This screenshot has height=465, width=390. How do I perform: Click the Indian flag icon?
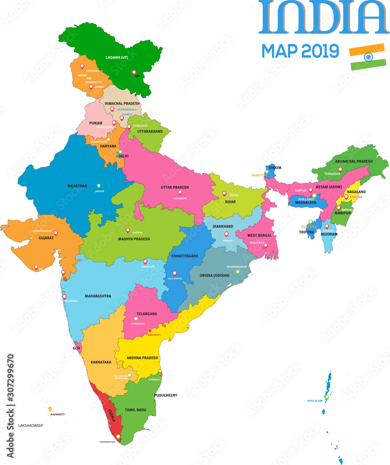pyautogui.click(x=368, y=57)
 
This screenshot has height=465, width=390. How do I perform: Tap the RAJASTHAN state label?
pyautogui.click(x=77, y=186)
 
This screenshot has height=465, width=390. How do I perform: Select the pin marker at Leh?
pyautogui.click(x=134, y=73)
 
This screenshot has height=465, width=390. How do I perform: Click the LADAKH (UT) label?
pyautogui.click(x=117, y=57)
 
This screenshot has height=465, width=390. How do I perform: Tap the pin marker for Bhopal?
pyautogui.click(x=128, y=230)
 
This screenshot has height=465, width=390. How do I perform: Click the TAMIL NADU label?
pyautogui.click(x=135, y=410)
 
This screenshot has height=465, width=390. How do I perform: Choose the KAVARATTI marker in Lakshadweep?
pyautogui.click(x=50, y=409)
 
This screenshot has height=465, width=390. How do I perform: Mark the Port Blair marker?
pyautogui.click(x=327, y=398)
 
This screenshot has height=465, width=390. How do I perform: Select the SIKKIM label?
pyautogui.click(x=275, y=167)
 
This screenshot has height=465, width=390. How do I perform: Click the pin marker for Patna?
pyautogui.click(x=224, y=193)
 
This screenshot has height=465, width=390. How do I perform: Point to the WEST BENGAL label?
pyautogui.click(x=259, y=235)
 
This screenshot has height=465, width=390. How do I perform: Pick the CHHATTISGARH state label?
pyautogui.click(x=185, y=256)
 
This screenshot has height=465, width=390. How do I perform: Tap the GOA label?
pyautogui.click(x=77, y=348)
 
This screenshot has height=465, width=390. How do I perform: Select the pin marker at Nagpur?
pyautogui.click(x=145, y=261)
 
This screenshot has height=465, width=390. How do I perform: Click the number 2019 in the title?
pyautogui.click(x=321, y=51)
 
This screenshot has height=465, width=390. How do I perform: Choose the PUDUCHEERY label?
pyautogui.click(x=165, y=395)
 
